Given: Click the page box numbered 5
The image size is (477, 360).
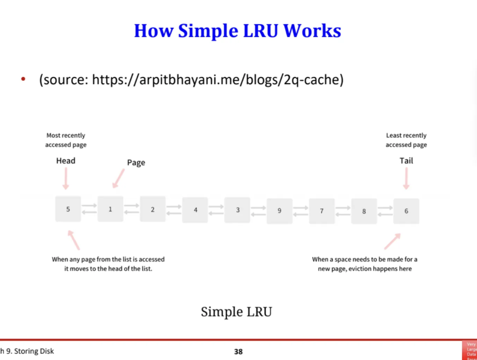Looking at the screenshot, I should click(x=68, y=209).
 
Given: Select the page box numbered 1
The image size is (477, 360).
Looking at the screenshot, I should click(x=110, y=209).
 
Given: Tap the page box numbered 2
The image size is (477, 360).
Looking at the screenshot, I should click(x=153, y=210).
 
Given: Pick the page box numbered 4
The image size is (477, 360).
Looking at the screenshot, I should click(x=195, y=210).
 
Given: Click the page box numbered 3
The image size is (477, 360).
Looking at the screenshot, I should click(x=237, y=210).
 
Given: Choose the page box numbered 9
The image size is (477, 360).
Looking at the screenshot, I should click(x=279, y=211).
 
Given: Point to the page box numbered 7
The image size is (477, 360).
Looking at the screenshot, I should click(x=322, y=211).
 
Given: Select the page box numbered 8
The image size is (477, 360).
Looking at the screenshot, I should click(x=364, y=211).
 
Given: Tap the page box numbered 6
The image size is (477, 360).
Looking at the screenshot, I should click(x=406, y=211).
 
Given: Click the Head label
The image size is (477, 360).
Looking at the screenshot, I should click(x=66, y=161).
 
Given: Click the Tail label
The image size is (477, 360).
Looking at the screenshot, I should click(x=406, y=161).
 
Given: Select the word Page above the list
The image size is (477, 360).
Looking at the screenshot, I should click(x=136, y=163).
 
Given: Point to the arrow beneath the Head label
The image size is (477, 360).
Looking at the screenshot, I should click(x=66, y=179).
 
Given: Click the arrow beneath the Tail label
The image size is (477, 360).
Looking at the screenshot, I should click(x=406, y=179).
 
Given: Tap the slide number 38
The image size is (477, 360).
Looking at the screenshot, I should click(x=238, y=351).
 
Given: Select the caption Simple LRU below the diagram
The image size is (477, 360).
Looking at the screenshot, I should click(x=236, y=312).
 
